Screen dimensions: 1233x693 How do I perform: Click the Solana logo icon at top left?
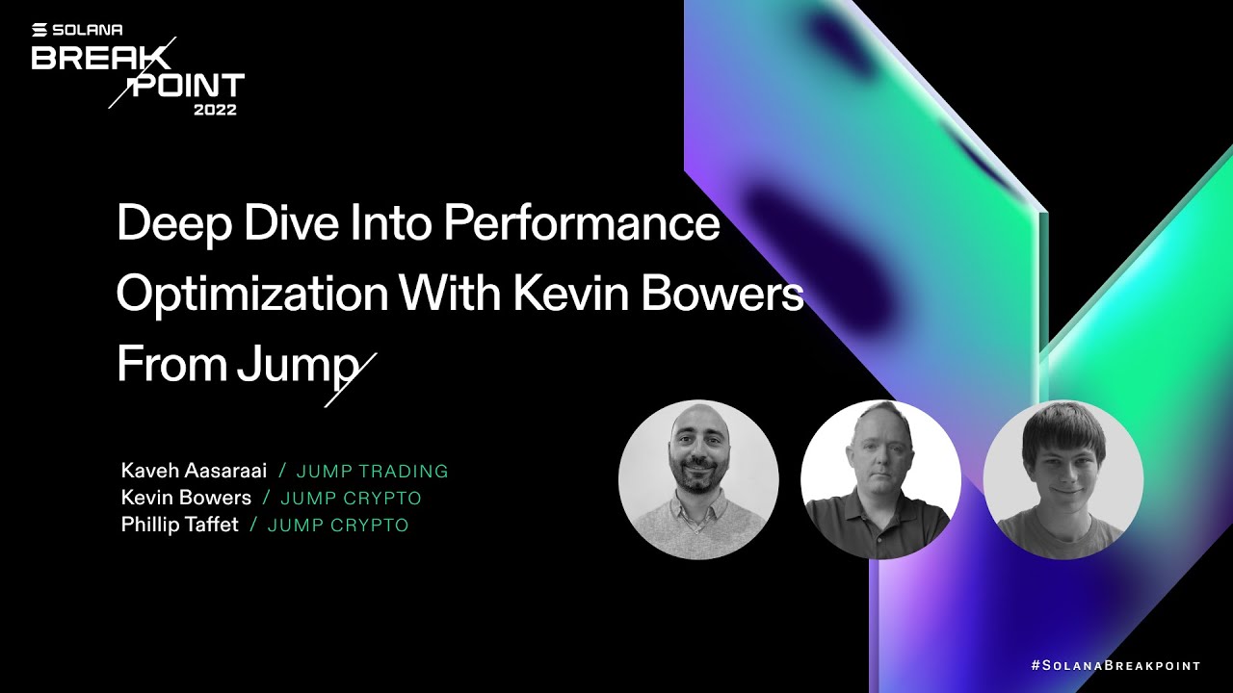pos(39,30)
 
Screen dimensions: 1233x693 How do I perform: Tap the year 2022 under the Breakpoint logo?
pos(215,110)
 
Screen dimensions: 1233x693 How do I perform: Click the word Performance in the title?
pos(582,224)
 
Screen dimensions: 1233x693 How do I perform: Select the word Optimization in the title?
pos(252,294)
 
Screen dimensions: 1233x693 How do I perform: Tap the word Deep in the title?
pos(174,224)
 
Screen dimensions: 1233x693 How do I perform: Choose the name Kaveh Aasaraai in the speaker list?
pos(194,471)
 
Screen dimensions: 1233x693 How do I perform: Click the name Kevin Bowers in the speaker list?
pos(186,498)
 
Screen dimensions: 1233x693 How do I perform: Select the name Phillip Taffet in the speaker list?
pos(180,525)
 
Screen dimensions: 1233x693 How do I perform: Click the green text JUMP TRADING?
pos(372,472)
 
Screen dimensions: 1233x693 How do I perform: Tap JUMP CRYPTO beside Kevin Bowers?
pos(351,499)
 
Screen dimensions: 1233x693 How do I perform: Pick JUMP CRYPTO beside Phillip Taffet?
pos(338,526)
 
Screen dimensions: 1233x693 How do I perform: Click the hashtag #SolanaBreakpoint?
pos(1115,665)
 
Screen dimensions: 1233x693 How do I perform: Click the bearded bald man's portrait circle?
pos(698,479)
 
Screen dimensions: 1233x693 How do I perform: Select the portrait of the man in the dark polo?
pos(880,479)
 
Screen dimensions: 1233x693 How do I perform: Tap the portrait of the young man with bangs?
pos(1063,479)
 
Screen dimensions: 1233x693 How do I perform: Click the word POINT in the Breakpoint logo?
pos(188,86)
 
